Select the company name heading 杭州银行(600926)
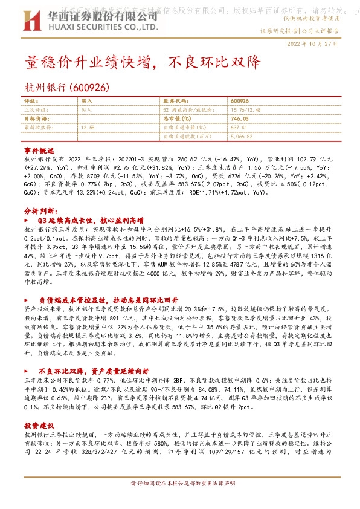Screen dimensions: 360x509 (x=67, y=87)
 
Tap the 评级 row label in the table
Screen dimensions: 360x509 (x=30, y=101)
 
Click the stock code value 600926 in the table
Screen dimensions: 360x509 (x=240, y=101)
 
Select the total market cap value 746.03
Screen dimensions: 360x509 (x=240, y=119)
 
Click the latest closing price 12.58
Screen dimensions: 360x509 (x=88, y=128)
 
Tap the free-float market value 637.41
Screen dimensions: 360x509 (x=239, y=128)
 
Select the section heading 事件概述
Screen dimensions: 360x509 (x=39, y=149)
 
